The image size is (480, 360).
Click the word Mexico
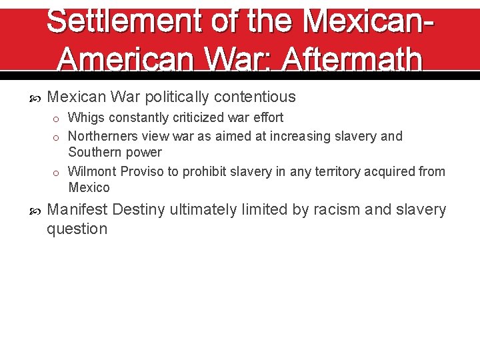click(89, 187)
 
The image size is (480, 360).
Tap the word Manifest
click(77, 210)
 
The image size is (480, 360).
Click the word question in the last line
click(77, 229)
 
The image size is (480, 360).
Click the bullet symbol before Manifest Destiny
click(37, 211)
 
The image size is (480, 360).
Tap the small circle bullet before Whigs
click(59, 119)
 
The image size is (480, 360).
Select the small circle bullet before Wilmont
click(59, 172)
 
